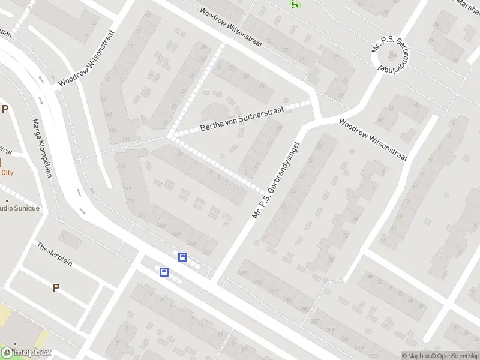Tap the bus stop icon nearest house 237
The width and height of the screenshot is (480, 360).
(182, 257)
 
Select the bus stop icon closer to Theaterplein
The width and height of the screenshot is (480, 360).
(164, 272)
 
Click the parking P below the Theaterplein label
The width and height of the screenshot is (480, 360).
(56, 287)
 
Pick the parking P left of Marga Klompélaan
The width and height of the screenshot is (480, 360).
(5, 109)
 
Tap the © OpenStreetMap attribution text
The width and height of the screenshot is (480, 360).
(455, 355)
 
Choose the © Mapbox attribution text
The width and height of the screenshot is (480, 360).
(416, 355)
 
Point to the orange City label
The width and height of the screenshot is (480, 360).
(7, 172)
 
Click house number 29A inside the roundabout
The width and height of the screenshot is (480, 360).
(393, 52)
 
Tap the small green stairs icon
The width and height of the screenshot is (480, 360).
(295, 4)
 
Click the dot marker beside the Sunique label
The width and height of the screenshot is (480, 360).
(7, 200)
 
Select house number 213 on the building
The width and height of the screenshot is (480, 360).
(121, 166)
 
